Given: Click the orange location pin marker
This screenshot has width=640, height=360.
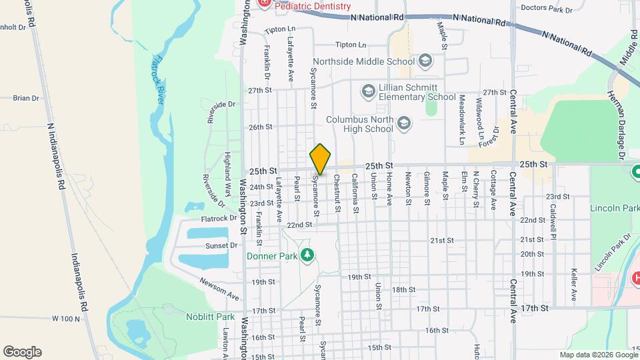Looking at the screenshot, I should [320, 159].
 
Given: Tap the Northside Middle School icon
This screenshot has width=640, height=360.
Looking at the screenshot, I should [425, 62].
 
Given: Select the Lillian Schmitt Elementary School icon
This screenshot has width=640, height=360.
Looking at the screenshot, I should [368, 90].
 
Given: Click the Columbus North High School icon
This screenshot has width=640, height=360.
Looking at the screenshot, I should [403, 123].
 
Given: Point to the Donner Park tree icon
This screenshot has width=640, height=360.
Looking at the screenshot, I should [307, 255].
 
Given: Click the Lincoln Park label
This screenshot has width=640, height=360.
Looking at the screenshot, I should [614, 208].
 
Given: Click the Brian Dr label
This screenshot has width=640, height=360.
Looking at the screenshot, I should [26, 98].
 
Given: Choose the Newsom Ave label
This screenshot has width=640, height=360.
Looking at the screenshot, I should [219, 286].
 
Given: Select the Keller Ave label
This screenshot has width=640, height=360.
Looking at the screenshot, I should [573, 285].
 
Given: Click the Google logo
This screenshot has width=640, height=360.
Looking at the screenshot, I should [22, 352].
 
